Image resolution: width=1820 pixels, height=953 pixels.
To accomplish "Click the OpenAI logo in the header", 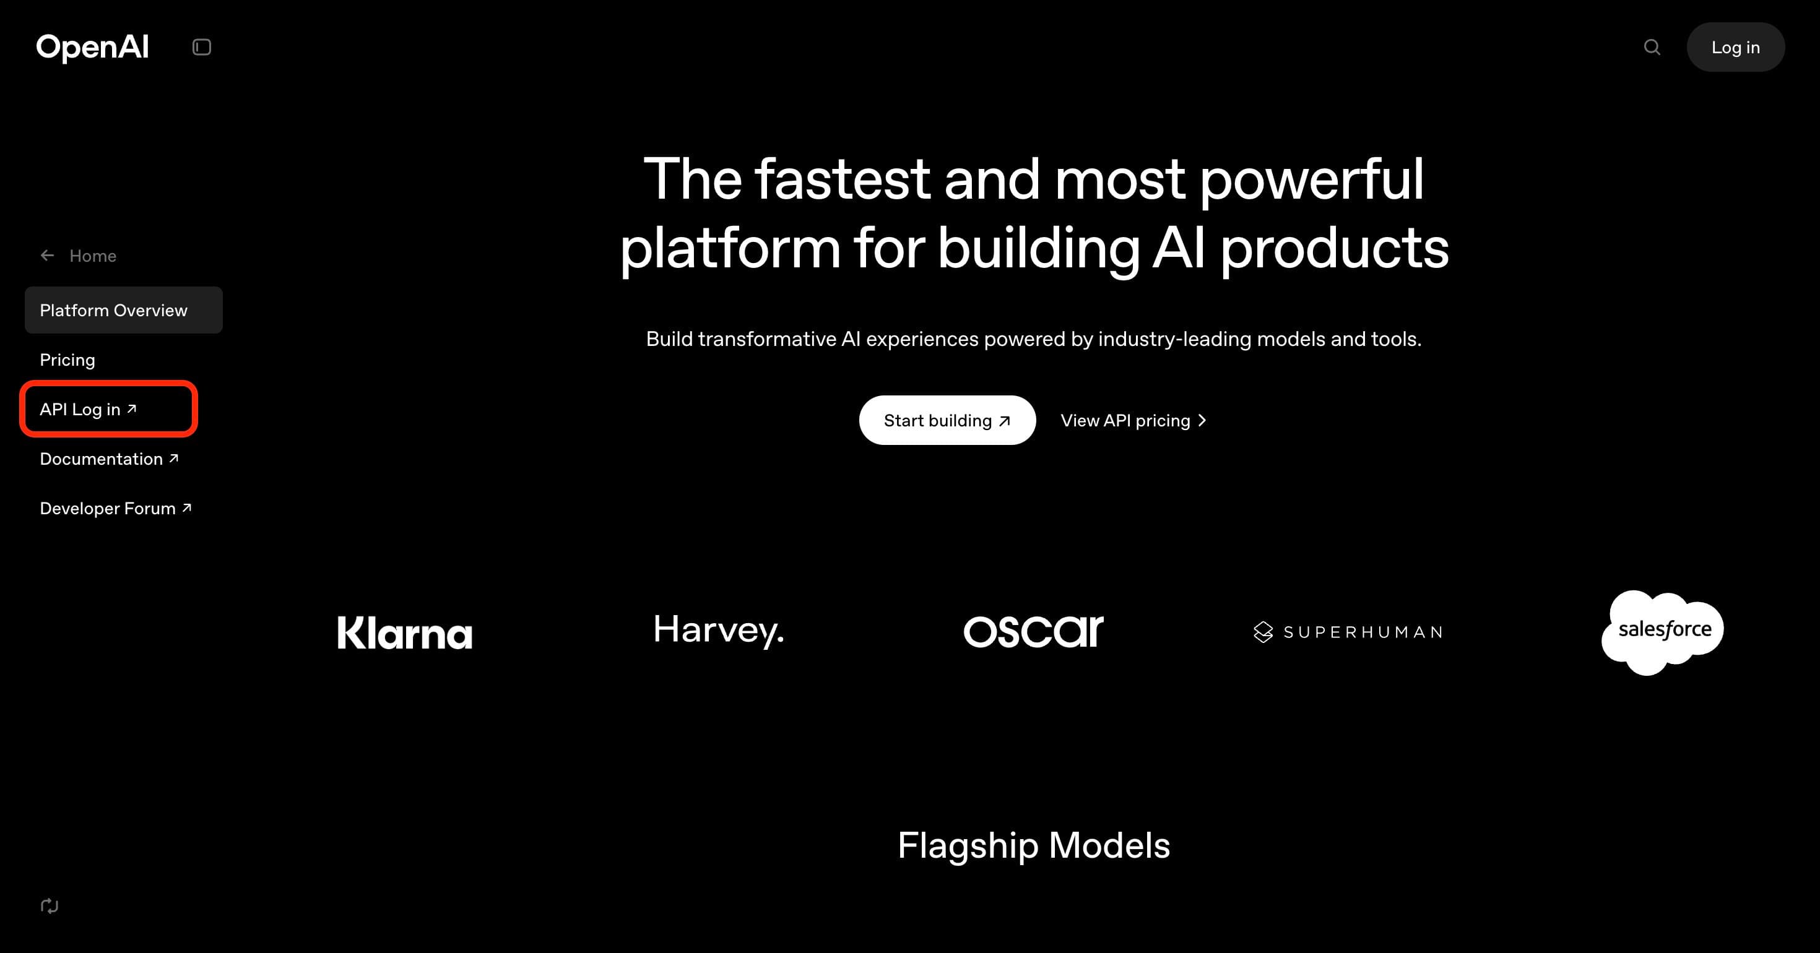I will [x=93, y=47].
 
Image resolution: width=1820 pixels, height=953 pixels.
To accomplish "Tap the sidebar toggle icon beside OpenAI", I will [x=201, y=47].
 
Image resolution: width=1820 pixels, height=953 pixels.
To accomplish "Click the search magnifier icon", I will [x=1651, y=47].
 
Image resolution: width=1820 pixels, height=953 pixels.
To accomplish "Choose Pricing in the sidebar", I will [x=67, y=360].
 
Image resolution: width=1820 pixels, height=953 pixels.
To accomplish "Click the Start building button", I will [x=947, y=420].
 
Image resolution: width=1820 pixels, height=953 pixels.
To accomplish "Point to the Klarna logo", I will [x=404, y=632].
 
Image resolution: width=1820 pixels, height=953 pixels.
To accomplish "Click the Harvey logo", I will [x=719, y=630].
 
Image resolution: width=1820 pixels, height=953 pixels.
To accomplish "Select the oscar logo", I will [x=1033, y=631].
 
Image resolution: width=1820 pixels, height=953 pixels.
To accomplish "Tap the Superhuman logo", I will [x=1347, y=632].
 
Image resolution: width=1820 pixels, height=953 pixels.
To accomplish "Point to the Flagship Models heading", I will [x=1033, y=845].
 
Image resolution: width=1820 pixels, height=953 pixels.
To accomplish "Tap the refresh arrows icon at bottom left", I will [x=50, y=906].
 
